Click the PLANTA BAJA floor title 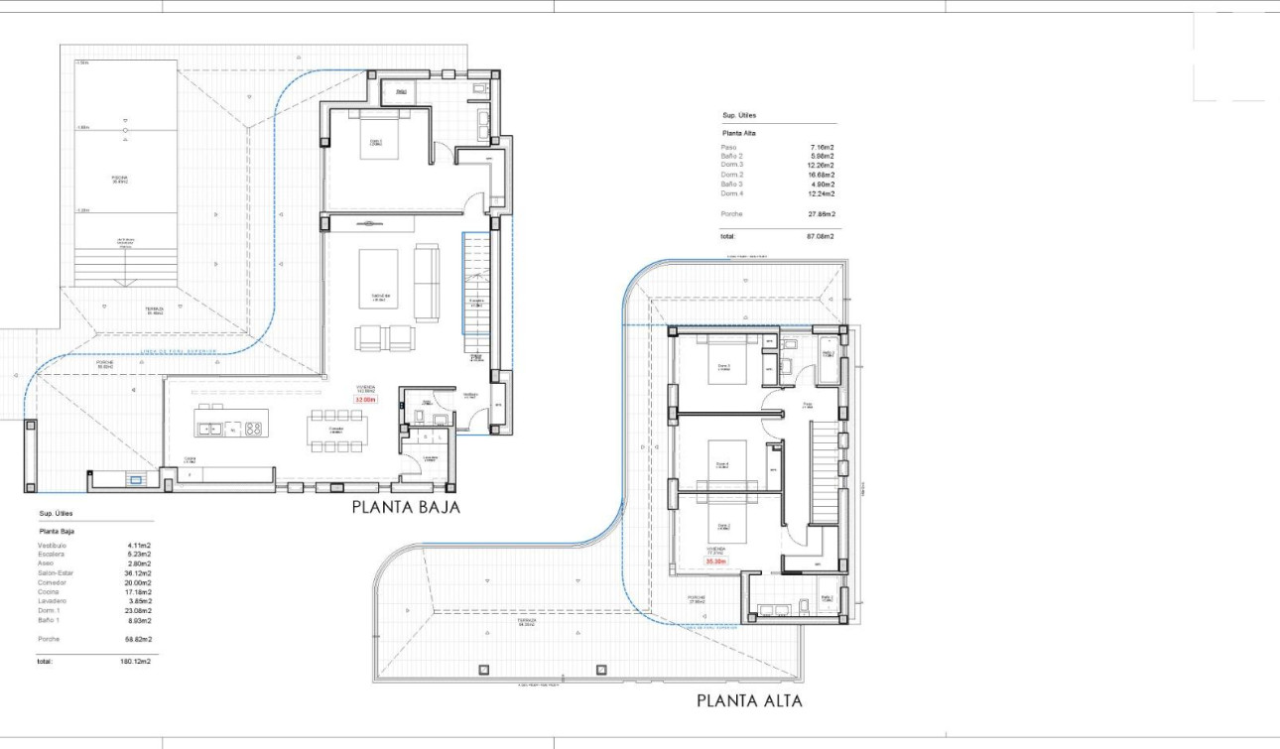coord(406,507)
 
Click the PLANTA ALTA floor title coord(748,700)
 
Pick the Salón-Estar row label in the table coord(56,573)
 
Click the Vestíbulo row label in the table coord(53,546)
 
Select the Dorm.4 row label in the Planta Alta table coord(732,193)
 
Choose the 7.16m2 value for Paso coord(822,147)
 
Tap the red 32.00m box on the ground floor coord(364,400)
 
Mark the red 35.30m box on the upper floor coord(715,562)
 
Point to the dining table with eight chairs coord(336,431)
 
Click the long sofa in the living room coord(427,283)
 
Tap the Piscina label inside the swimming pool coord(121,181)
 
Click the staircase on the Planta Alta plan coord(825,472)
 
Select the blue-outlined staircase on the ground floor coord(475,285)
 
